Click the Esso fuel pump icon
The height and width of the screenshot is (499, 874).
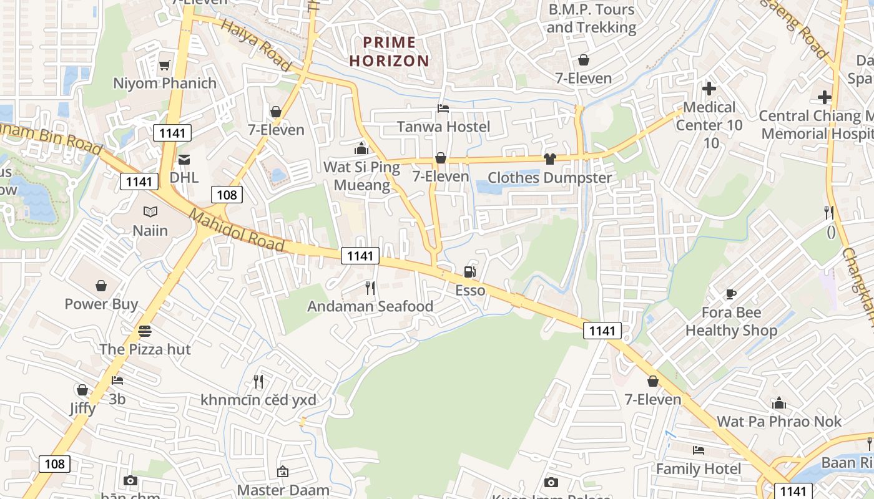tap(469, 271)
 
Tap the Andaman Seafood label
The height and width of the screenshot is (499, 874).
tap(370, 306)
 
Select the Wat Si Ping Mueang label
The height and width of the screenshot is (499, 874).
tap(361, 176)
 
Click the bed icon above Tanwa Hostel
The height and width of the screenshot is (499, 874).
tap(443, 109)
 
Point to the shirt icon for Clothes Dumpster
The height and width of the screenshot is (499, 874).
tap(549, 158)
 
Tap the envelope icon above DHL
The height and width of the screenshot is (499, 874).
tap(184, 159)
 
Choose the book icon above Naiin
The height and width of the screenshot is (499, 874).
tap(150, 211)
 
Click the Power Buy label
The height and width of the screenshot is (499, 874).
tap(102, 304)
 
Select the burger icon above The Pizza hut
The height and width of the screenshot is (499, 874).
tap(145, 331)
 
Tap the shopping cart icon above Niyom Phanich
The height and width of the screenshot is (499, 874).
tap(165, 65)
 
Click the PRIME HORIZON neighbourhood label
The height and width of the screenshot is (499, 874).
tap(390, 51)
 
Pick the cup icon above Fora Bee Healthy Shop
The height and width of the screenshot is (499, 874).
tap(731, 293)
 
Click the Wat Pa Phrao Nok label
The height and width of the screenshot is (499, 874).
tap(779, 421)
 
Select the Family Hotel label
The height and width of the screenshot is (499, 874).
tap(699, 468)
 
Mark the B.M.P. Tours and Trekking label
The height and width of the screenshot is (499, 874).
tap(591, 18)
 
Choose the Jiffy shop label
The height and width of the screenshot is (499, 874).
tap(82, 408)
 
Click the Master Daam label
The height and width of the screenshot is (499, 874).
tap(282, 490)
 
